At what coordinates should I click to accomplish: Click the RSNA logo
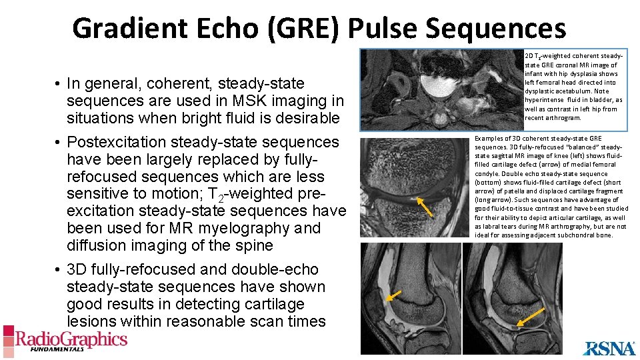pyautogui.click(x=609, y=348)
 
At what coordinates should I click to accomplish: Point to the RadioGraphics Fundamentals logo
pyautogui.click(x=65, y=340)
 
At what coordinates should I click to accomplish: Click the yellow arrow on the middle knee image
pyautogui.click(x=425, y=207)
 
